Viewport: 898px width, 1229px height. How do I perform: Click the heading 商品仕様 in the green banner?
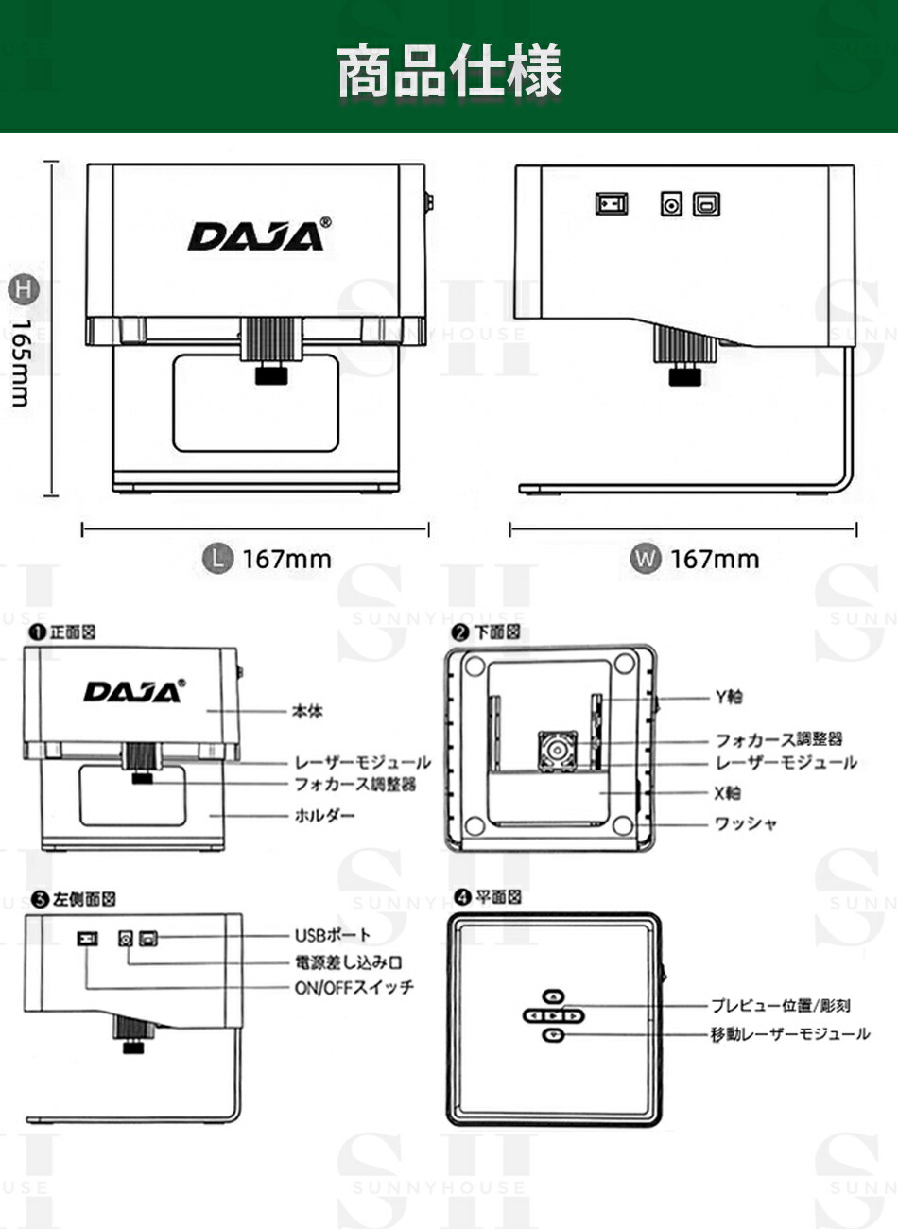click(x=449, y=72)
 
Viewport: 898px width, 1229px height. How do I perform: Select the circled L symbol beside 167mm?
click(x=218, y=558)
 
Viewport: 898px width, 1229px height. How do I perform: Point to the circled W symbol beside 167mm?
click(x=645, y=558)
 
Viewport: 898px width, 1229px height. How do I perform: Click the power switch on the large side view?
click(x=611, y=203)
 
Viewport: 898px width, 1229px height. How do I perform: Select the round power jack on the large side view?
click(x=671, y=203)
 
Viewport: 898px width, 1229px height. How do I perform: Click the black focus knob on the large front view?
click(x=272, y=376)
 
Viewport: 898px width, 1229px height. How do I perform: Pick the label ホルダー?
click(x=324, y=815)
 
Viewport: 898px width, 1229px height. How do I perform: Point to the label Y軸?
click(x=728, y=697)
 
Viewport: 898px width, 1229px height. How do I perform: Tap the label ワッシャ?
click(x=746, y=823)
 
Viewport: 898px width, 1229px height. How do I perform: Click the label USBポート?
click(x=333, y=935)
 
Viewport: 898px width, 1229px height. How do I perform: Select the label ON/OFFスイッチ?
click(x=354, y=987)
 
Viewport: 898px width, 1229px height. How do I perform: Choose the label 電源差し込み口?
click(x=348, y=961)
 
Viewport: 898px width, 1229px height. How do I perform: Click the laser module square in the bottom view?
click(x=557, y=752)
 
